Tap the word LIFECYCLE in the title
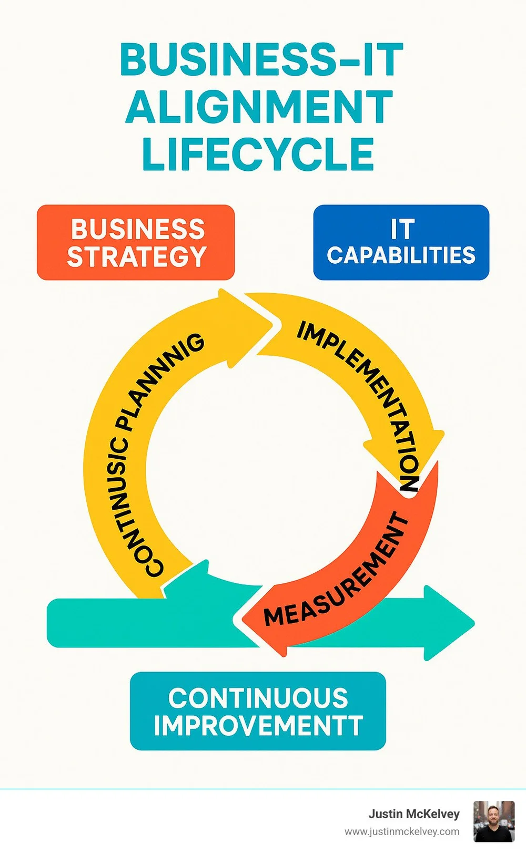(x=258, y=154)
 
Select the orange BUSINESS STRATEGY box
(x=136, y=242)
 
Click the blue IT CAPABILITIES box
(x=401, y=242)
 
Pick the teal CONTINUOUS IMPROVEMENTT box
(x=258, y=711)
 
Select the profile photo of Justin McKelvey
(x=494, y=821)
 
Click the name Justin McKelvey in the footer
(x=413, y=814)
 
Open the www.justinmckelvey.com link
(x=402, y=832)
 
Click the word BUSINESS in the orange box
(x=138, y=229)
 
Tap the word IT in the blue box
(x=402, y=229)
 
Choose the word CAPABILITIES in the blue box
(x=401, y=255)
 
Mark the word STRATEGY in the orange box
(x=137, y=257)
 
